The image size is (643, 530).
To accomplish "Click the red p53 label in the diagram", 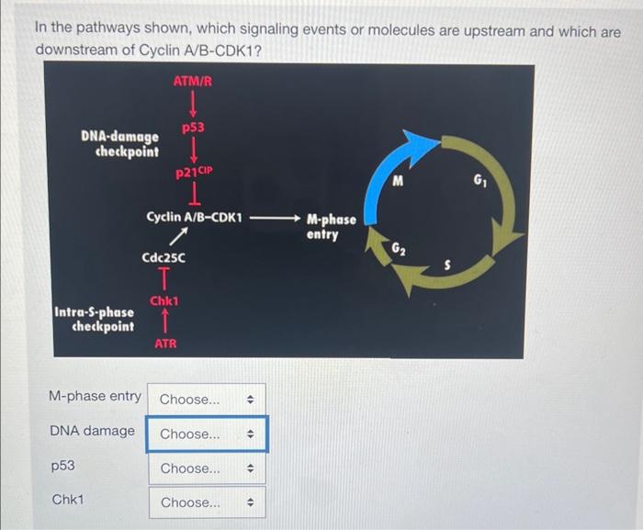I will coord(193,130).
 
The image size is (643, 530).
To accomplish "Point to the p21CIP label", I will coord(194,172).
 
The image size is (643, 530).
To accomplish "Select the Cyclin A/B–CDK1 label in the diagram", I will coord(194,219).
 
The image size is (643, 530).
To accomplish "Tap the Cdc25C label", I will coord(163,260).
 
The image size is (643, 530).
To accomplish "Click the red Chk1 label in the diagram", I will coord(164,301).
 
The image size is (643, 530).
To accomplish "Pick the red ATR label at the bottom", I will coord(164,344).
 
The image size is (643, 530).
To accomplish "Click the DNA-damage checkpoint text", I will coord(119,143).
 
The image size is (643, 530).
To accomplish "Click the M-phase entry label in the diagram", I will coord(331,227).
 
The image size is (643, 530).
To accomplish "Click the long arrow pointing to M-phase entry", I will coord(274,220).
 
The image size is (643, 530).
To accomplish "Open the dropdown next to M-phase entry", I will coord(206,400).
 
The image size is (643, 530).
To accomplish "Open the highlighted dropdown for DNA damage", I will coord(206,434).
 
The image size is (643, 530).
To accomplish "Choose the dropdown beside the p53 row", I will coord(206,468).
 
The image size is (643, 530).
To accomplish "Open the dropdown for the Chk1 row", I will coord(206,502).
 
